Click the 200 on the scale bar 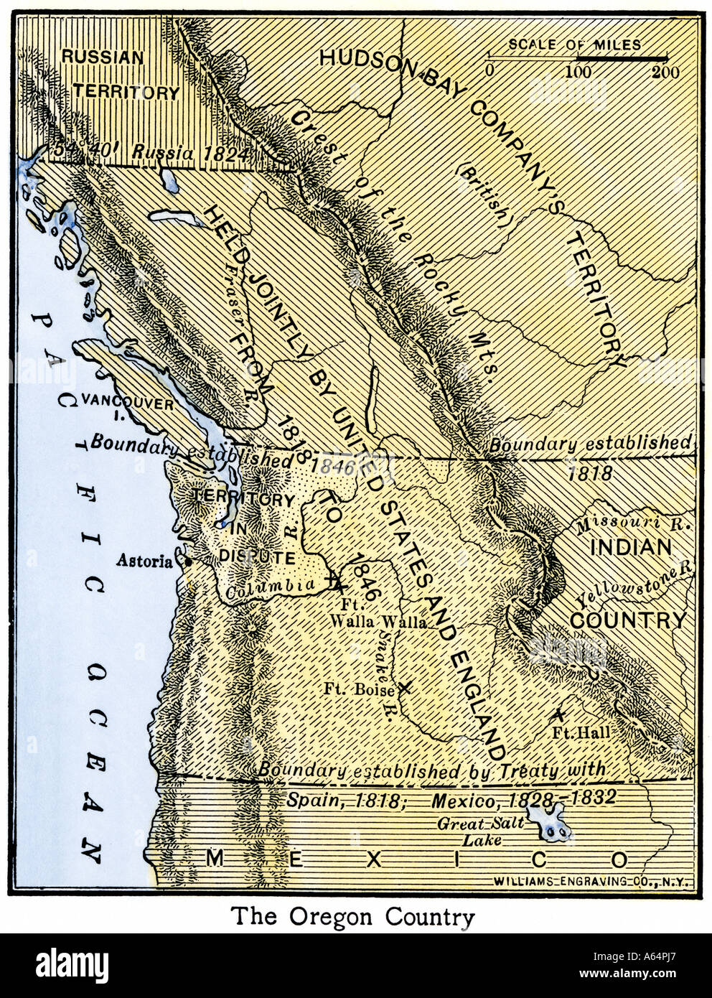click(665, 72)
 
